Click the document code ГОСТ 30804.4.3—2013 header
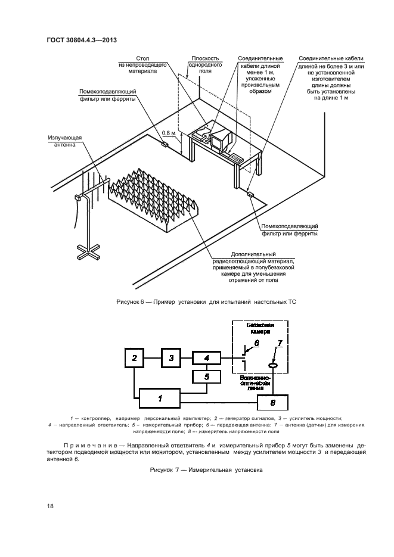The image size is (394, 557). click(x=81, y=40)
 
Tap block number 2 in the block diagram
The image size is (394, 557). click(x=135, y=358)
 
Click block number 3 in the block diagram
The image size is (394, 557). click(x=172, y=358)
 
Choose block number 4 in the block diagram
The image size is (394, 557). click(x=206, y=358)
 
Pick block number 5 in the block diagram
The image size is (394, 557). click(x=206, y=377)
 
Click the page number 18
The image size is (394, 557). click(x=50, y=506)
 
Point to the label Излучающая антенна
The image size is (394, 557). click(x=61, y=141)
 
